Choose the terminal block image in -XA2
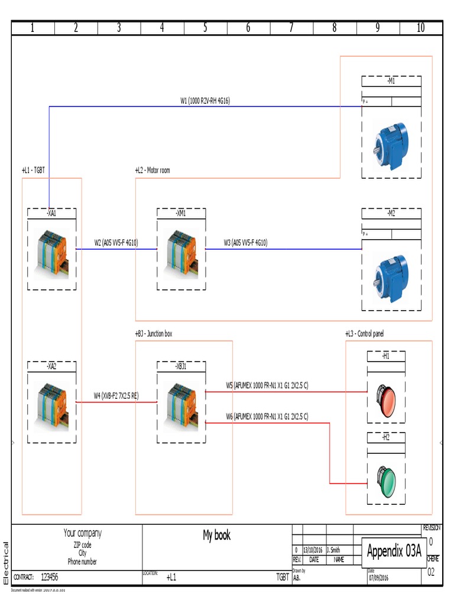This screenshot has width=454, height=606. tap(52, 405)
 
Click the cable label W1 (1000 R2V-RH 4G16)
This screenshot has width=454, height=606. tap(205, 101)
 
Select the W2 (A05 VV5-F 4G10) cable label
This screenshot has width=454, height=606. tap(116, 243)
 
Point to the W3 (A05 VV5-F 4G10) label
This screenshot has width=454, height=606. tap(245, 243)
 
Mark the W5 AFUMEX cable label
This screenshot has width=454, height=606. tap(267, 385)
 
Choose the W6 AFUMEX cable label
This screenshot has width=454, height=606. tap(267, 417)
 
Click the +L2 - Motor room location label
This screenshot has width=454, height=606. tap(153, 170)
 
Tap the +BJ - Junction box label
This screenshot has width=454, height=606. tap(154, 334)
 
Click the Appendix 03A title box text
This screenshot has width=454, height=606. tap(394, 552)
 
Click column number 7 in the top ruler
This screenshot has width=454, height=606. tap(291, 28)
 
